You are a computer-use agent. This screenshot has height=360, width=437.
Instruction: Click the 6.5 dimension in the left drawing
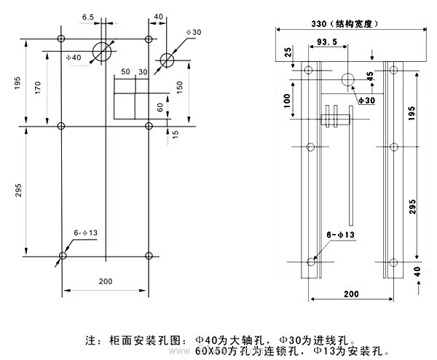coord(88,15)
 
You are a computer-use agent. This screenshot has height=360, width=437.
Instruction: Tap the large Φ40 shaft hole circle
coord(103,50)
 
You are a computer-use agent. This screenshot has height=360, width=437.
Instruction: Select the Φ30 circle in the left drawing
coord(168,60)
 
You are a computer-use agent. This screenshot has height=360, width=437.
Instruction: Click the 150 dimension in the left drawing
coord(178,86)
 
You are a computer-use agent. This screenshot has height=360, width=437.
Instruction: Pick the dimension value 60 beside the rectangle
coord(160,106)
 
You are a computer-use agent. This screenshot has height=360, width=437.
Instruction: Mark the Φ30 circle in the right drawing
coord(349,79)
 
